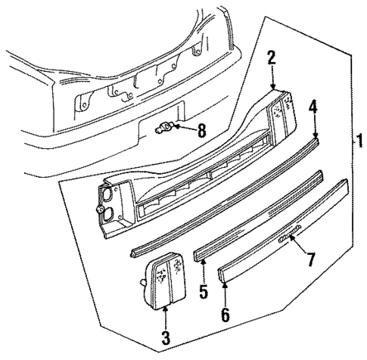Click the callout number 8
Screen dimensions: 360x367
point(201,131)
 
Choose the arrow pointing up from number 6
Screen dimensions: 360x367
point(225,291)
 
